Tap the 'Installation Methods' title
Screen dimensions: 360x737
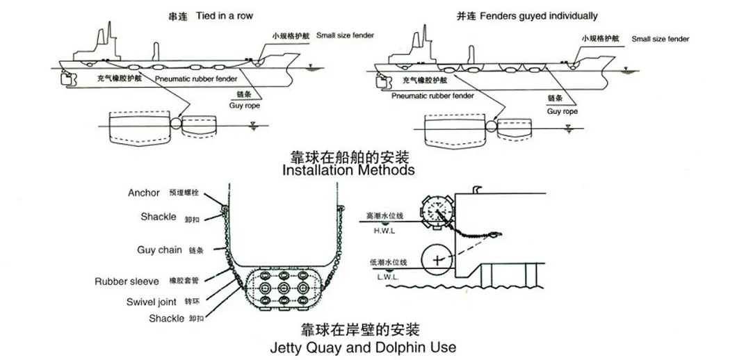pos(348,170)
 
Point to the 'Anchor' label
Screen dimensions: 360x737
pos(144,193)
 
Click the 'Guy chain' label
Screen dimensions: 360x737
pos(160,250)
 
